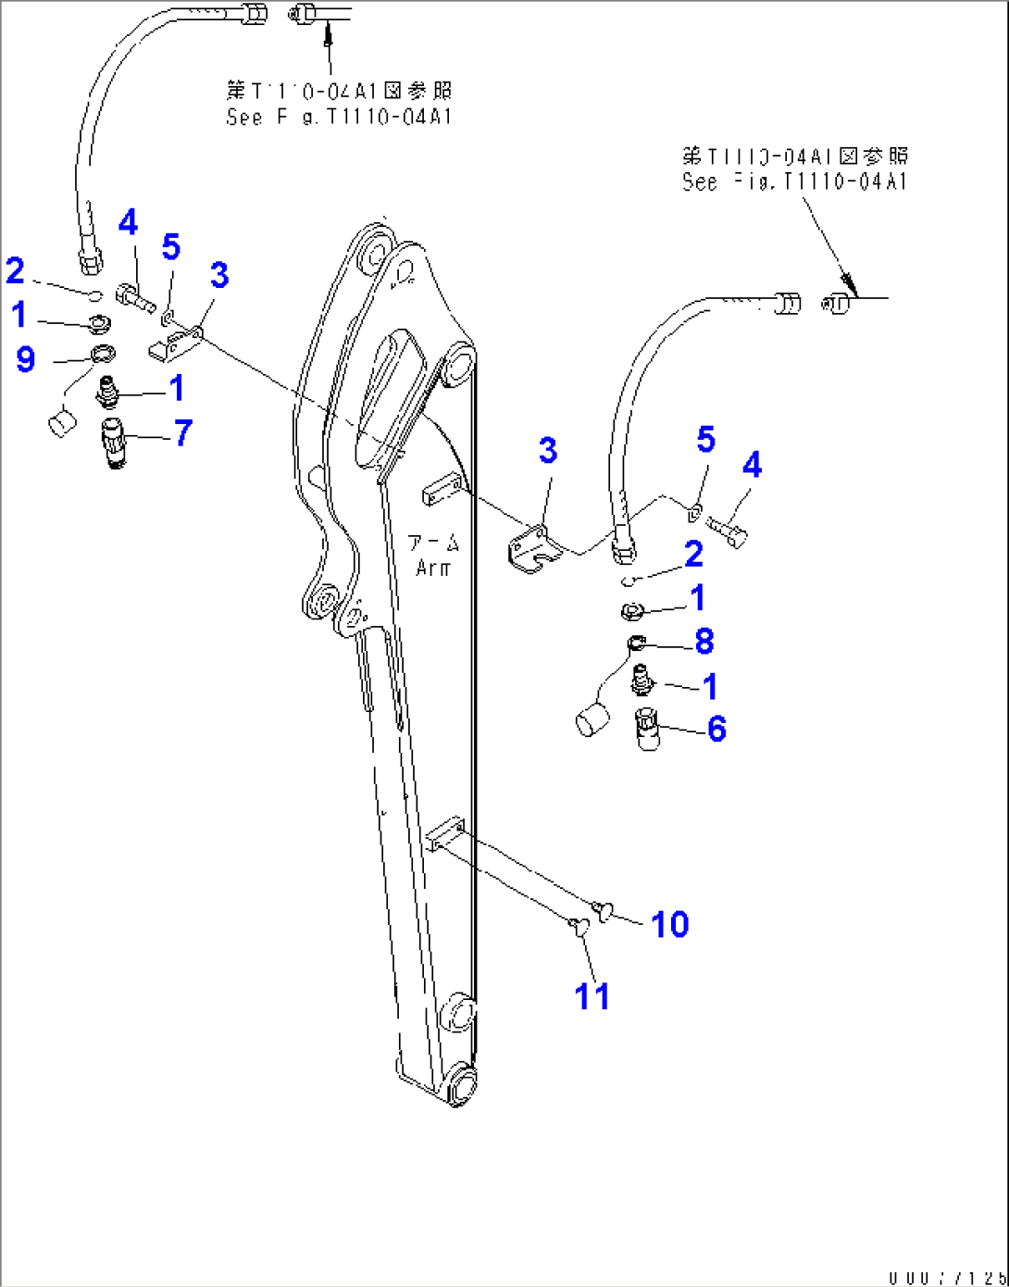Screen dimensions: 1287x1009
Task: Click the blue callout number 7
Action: click(183, 432)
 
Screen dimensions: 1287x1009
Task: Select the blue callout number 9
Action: click(26, 358)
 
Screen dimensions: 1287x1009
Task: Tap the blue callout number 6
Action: click(716, 729)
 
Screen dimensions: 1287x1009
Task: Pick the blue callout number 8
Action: click(704, 641)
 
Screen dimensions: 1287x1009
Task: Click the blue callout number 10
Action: click(669, 924)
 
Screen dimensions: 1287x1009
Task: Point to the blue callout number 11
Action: click(592, 996)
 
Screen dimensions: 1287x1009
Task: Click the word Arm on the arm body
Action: click(433, 568)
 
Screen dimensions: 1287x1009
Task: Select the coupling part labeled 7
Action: click(114, 443)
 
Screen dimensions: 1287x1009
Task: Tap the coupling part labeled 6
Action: click(649, 729)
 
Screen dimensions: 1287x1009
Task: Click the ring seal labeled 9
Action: click(102, 353)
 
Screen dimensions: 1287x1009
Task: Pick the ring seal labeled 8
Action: click(636, 643)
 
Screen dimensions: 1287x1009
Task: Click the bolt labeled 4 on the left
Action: click(134, 298)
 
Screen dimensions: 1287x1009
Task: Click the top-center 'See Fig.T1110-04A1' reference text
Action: click(339, 117)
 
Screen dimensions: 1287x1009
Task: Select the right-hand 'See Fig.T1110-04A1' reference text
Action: click(794, 181)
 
